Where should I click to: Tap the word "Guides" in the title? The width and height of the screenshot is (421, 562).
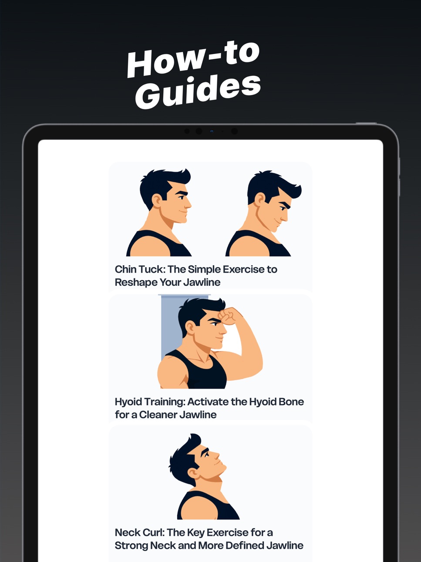tap(198, 91)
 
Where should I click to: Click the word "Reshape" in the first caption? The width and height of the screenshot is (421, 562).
tap(136, 283)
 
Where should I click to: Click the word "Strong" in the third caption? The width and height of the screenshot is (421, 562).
tap(131, 545)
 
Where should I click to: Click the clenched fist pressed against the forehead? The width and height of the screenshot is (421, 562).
tap(229, 316)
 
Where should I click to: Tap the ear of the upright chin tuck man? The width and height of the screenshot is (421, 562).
tap(157, 200)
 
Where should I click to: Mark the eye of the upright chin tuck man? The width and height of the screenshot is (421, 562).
tap(182, 197)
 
